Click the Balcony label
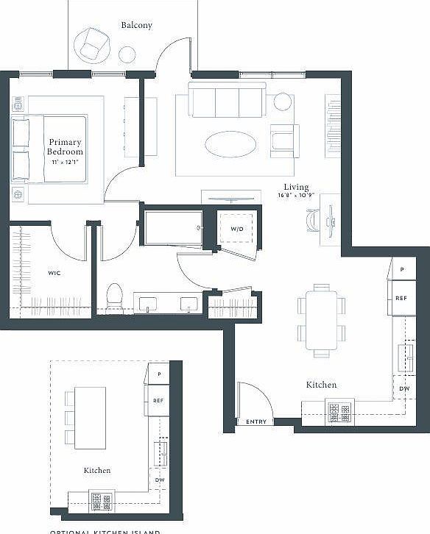(136, 26)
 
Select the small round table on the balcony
(127, 54)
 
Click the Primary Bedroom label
(66, 146)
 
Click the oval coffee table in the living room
(230, 144)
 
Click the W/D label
(236, 229)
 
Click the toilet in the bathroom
(115, 298)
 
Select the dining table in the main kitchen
(321, 320)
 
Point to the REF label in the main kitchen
(401, 298)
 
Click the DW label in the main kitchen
(404, 388)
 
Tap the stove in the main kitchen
(340, 412)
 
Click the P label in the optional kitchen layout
(158, 374)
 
